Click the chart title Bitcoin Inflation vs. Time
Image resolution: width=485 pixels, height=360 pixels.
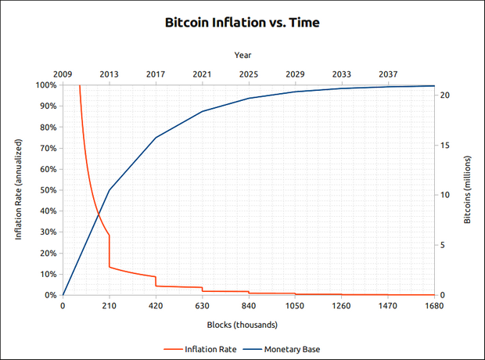pyautogui.click(x=242, y=23)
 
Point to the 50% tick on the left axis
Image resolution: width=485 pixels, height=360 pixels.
pyautogui.click(x=46, y=190)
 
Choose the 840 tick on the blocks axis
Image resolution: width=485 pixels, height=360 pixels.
pyautogui.click(x=249, y=307)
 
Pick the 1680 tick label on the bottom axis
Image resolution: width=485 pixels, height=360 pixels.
pyautogui.click(x=434, y=307)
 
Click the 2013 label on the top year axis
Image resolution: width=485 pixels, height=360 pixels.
pyautogui.click(x=109, y=74)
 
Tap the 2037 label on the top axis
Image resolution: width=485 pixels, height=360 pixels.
pyautogui.click(x=388, y=74)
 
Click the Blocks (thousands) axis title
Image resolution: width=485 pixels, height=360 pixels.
pyautogui.click(x=242, y=324)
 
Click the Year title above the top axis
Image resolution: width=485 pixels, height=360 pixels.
pyautogui.click(x=242, y=55)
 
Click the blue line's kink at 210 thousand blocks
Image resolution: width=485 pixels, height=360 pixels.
pyautogui.click(x=109, y=190)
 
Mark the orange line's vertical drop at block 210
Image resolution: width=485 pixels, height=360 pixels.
pyautogui.click(x=109, y=250)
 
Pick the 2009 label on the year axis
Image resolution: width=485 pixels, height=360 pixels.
pyautogui.click(x=63, y=74)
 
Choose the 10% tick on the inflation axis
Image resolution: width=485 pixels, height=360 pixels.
pyautogui.click(x=46, y=274)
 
